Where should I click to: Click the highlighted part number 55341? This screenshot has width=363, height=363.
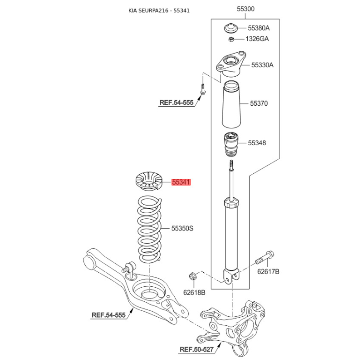click(x=181, y=182)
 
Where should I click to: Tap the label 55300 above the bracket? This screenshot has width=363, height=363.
click(x=245, y=9)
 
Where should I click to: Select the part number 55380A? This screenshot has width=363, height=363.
click(x=259, y=28)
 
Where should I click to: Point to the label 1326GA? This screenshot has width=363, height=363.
click(x=257, y=39)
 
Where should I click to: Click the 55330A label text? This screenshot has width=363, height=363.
click(x=262, y=65)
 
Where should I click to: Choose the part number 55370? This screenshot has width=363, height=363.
click(x=259, y=103)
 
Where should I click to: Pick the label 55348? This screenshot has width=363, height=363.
click(x=257, y=143)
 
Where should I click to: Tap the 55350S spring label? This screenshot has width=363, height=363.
click(x=182, y=229)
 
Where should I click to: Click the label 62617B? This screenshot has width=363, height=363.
click(x=268, y=271)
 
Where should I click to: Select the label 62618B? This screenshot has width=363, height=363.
click(x=194, y=293)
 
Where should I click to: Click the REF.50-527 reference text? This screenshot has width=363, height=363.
click(x=196, y=349)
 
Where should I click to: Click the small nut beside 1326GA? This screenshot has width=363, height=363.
click(x=231, y=39)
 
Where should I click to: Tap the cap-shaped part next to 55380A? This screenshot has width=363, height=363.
click(x=231, y=28)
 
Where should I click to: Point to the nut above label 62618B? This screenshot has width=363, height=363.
click(x=192, y=276)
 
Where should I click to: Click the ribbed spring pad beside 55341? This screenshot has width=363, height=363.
click(x=149, y=181)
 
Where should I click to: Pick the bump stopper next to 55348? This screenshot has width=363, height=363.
click(x=231, y=144)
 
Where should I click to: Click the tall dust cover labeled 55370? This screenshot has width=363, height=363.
click(x=231, y=104)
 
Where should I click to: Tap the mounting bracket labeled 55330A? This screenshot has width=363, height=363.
click(x=231, y=64)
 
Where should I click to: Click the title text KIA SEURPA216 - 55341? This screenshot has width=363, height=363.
click(x=159, y=10)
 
